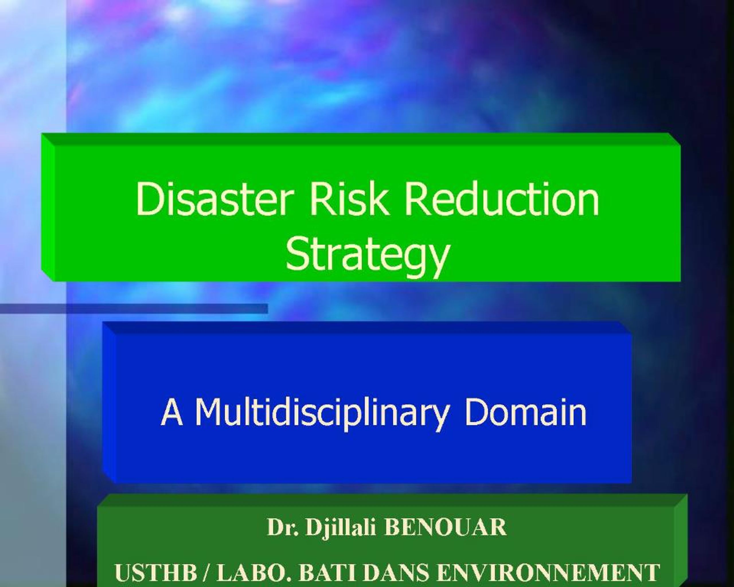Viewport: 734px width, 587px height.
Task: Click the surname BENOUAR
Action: point(445,527)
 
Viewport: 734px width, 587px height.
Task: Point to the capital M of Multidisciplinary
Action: point(207,412)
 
